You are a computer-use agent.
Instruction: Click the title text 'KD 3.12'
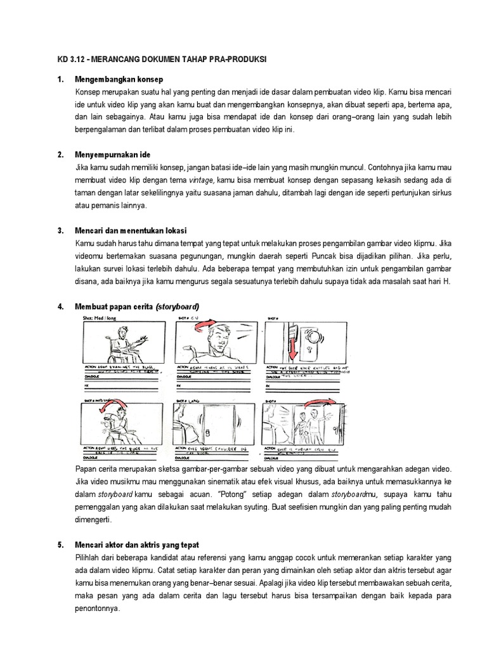[69, 59]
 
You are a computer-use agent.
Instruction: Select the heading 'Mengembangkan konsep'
[119, 79]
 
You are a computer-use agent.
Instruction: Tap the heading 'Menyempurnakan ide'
[112, 155]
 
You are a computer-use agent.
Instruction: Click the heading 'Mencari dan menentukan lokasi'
[131, 230]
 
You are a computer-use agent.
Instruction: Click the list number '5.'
[61, 545]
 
